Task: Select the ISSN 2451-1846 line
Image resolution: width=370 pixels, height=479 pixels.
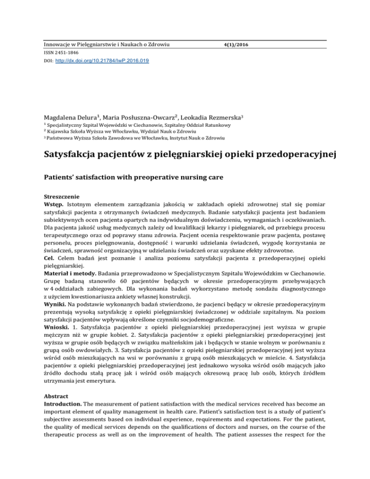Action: (57, 53)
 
